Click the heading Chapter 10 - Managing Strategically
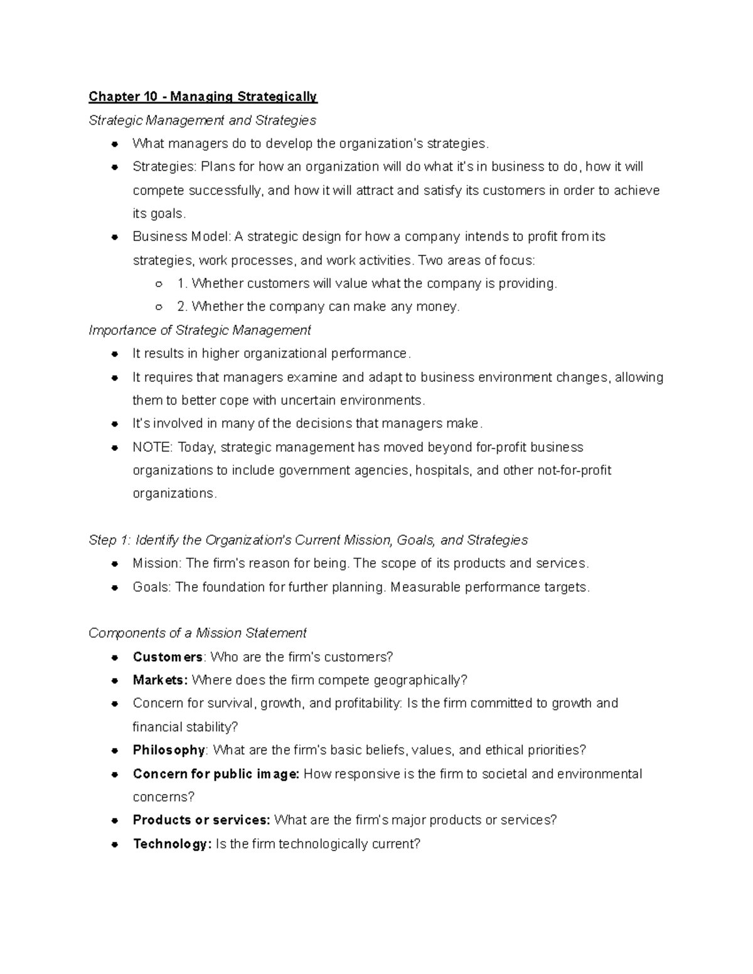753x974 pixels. click(x=203, y=97)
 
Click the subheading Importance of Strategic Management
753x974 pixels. click(x=200, y=330)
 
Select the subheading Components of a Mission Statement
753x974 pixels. click(x=197, y=633)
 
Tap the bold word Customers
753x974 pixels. click(x=167, y=657)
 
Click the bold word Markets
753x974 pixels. click(x=160, y=680)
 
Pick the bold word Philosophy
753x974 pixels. click(x=168, y=750)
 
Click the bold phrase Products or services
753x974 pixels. click(x=201, y=820)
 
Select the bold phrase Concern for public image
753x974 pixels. click(x=216, y=774)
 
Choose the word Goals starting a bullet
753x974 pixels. click(x=151, y=587)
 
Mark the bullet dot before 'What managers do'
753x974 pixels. click(x=115, y=144)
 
